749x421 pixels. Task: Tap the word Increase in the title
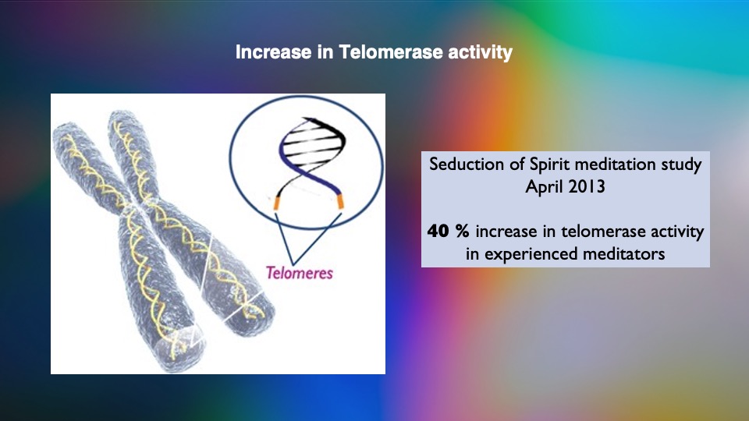coord(273,52)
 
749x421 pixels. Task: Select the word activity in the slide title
coord(480,53)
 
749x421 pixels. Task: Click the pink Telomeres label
coord(300,273)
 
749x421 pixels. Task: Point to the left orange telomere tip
coord(276,203)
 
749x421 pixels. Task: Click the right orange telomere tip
coord(341,201)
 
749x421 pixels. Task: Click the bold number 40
coord(438,232)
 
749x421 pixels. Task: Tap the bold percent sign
coord(462,232)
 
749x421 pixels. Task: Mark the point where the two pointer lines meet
coord(293,264)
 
